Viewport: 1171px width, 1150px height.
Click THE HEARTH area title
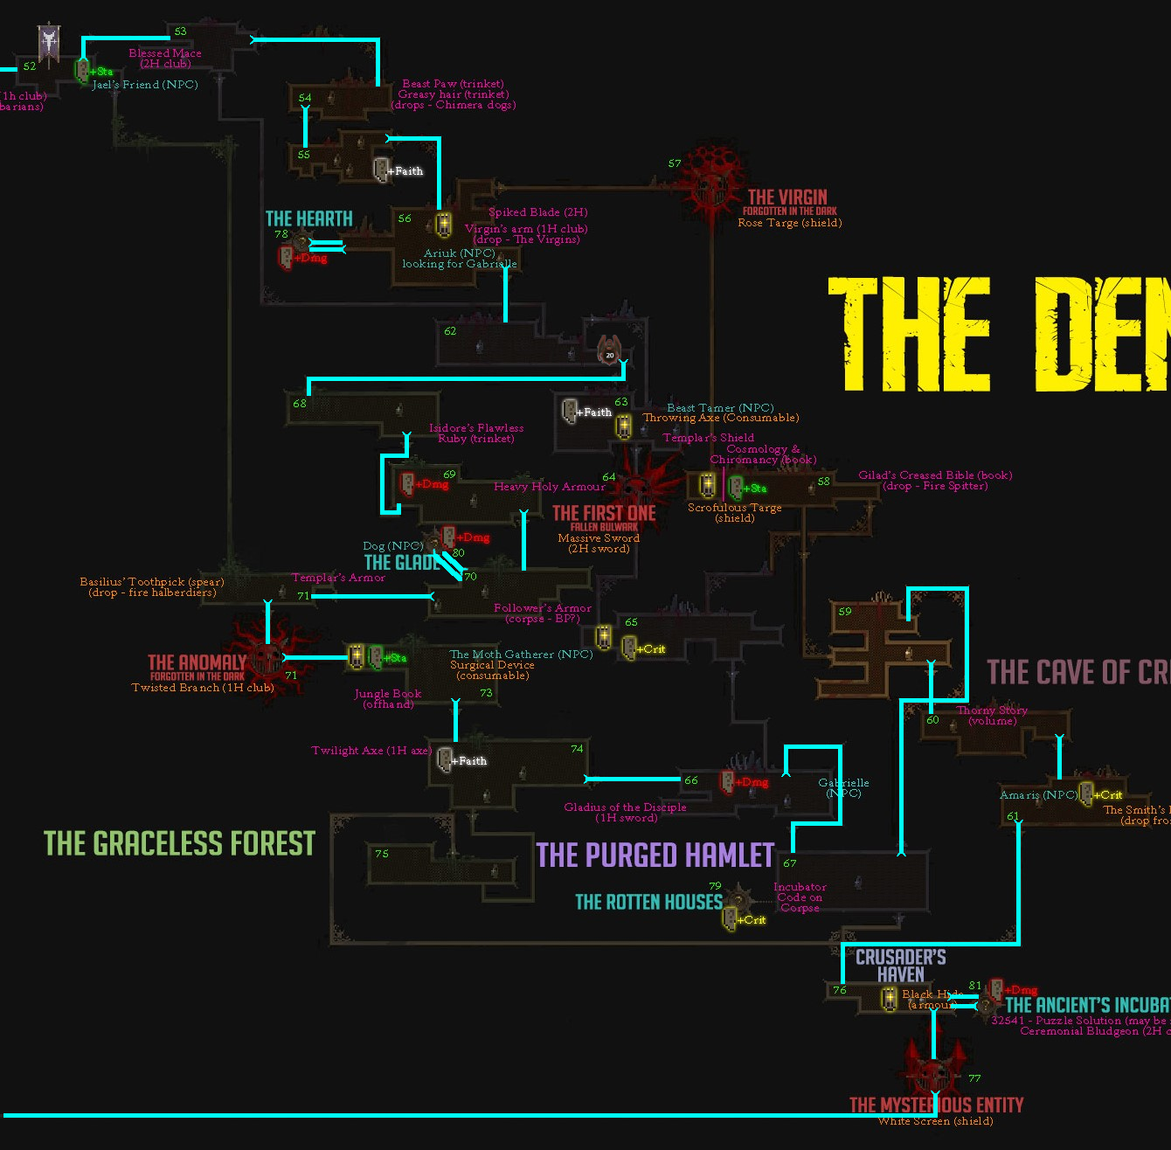pos(309,218)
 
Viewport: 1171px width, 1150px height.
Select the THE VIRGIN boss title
pos(786,197)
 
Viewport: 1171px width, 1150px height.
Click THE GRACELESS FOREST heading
pos(179,843)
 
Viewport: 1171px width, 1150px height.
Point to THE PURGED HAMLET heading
pos(655,855)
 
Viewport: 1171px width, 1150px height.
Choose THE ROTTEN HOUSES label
pos(648,902)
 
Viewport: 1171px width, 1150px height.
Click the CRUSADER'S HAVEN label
pos(901,966)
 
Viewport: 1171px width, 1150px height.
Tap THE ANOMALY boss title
pos(197,662)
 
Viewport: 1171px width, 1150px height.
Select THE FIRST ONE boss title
pos(604,513)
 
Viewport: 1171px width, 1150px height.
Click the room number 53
pos(180,31)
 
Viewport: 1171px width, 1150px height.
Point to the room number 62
pos(450,331)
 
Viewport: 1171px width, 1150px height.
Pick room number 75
pos(382,854)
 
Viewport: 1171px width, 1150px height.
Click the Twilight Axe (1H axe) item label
pos(371,751)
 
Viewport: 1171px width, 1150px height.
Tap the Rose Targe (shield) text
pos(790,223)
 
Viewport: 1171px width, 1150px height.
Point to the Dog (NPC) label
pos(393,546)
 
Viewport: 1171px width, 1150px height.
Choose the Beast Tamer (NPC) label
pos(720,408)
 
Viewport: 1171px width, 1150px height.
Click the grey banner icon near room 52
pos(50,43)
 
